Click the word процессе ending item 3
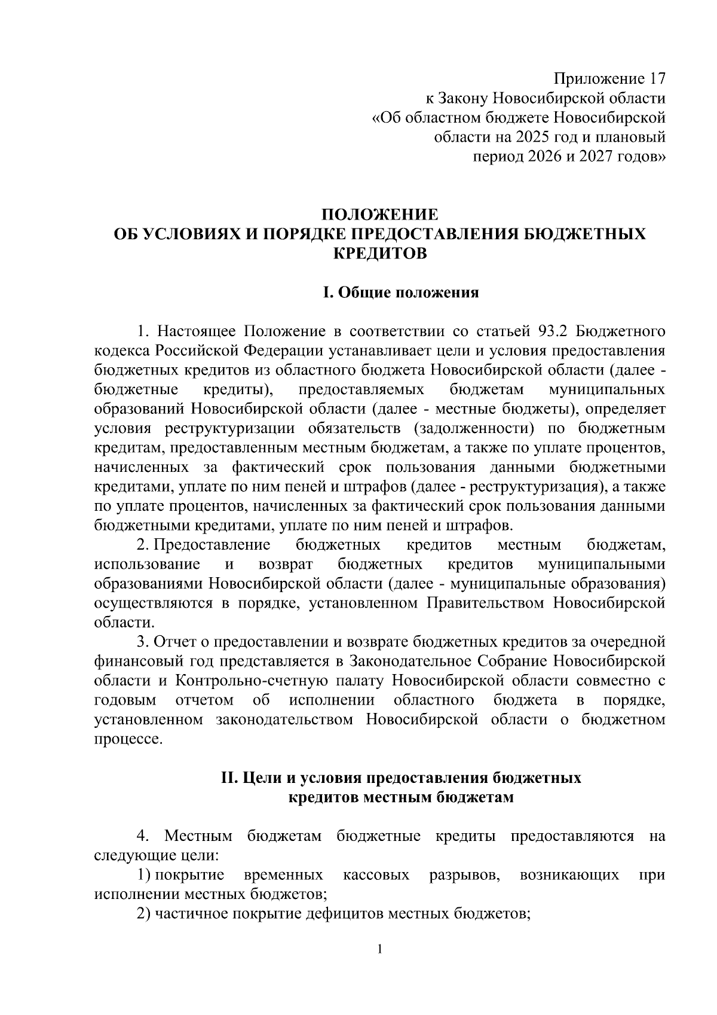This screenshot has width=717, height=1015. pyautogui.click(x=128, y=739)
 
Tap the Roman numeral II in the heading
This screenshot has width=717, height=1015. pyautogui.click(x=230, y=778)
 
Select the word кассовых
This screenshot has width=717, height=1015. pyautogui.click(x=376, y=875)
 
